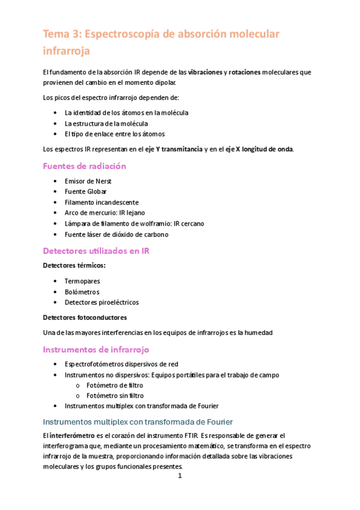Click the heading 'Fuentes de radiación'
pyautogui.click(x=84, y=166)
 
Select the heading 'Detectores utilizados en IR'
pyautogui.click(x=96, y=251)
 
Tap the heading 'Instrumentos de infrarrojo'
pyautogui.click(x=96, y=349)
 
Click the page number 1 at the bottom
pyautogui.click(x=180, y=476)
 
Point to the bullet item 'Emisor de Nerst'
pyautogui.click(x=88, y=181)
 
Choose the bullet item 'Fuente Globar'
pyautogui.click(x=85, y=192)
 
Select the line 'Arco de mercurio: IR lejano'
pyautogui.click(x=105, y=213)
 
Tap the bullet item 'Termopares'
pyautogui.click(x=82, y=281)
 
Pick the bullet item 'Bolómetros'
pyautogui.click(x=82, y=292)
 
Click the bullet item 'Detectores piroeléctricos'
pyautogui.click(x=102, y=302)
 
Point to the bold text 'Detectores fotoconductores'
pyautogui.click(x=85, y=317)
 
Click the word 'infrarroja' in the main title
pyautogui.click(x=66, y=51)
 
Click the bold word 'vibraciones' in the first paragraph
pyautogui.click(x=204, y=72)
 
